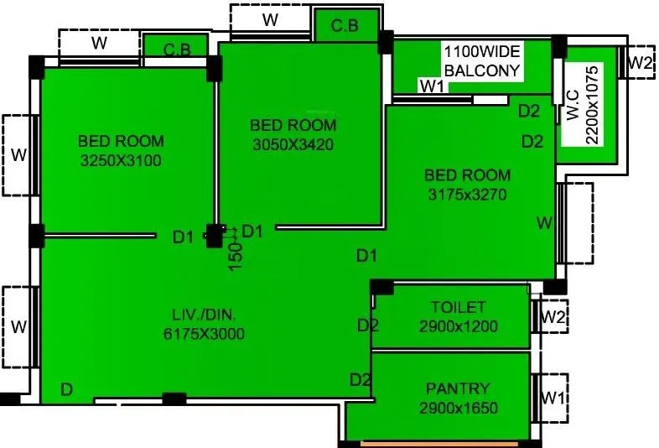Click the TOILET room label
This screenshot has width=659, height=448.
click(x=458, y=307)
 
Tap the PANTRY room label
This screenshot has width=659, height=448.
click(x=458, y=388)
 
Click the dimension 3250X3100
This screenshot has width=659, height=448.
click(x=121, y=160)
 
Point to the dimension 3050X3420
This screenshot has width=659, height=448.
click(x=293, y=144)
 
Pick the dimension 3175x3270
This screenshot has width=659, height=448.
click(x=466, y=195)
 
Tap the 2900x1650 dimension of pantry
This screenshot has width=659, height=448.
click(x=458, y=409)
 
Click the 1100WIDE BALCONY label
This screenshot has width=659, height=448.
click(x=483, y=60)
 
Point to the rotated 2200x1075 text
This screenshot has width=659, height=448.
click(x=593, y=104)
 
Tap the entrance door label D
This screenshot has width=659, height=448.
click(x=65, y=388)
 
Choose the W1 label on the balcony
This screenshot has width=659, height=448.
click(x=432, y=86)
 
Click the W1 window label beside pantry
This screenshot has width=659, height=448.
click(x=551, y=395)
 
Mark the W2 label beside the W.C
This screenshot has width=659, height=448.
click(x=641, y=62)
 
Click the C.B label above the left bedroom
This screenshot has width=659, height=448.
click(x=176, y=49)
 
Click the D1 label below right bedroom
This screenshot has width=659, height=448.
click(x=366, y=255)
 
